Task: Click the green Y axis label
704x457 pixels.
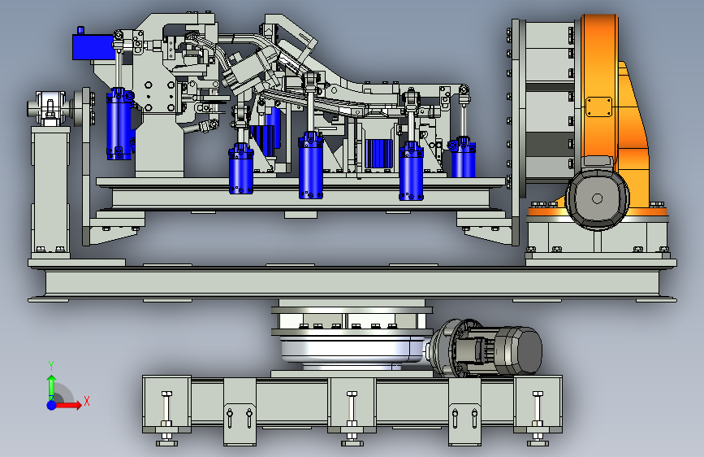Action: point(51,365)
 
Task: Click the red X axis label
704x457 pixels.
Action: point(87,401)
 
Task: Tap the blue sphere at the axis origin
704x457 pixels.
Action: point(52,405)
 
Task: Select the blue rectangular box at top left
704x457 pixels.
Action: point(93,47)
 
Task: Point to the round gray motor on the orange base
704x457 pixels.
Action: point(597,198)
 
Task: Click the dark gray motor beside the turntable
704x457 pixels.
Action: point(516,350)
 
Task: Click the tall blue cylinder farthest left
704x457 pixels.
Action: point(119,124)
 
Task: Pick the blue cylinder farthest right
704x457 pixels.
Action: point(463,158)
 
